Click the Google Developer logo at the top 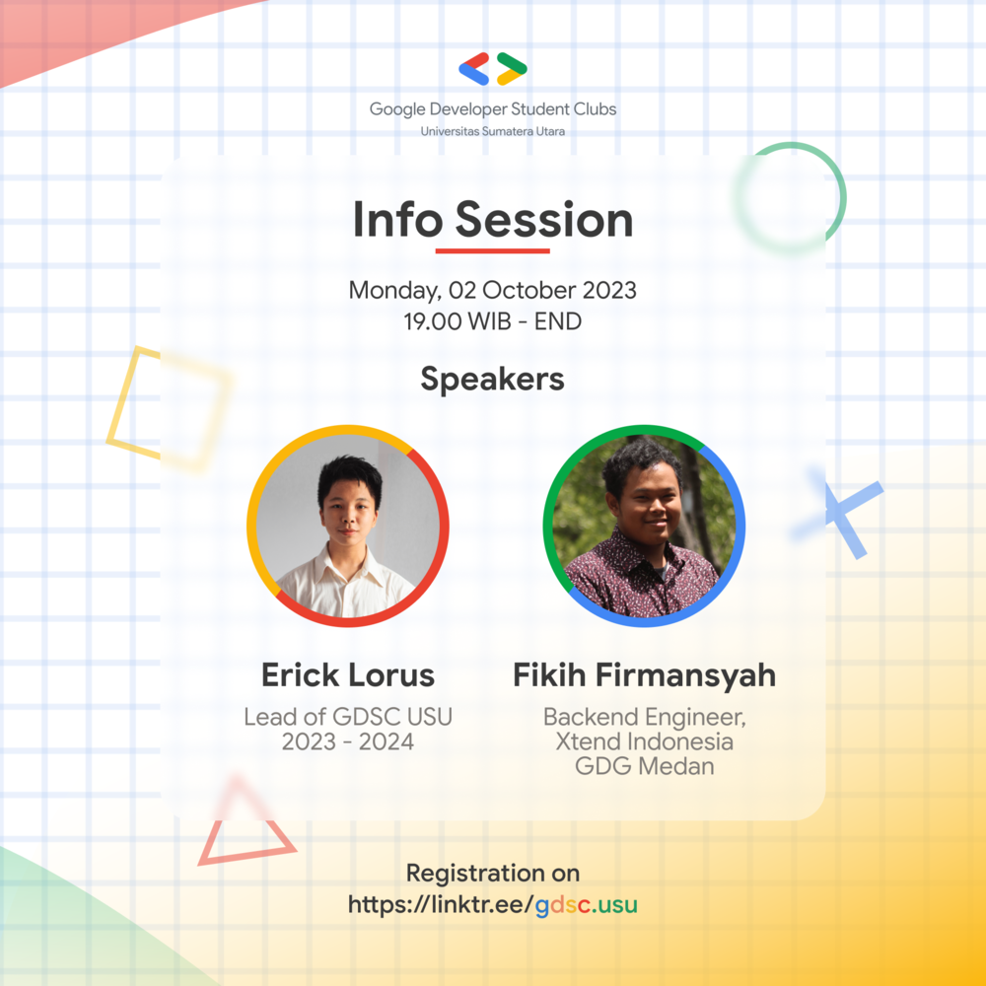493,69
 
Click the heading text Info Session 493,220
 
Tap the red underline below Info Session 492,250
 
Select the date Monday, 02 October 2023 492,291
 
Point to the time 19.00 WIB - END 492,321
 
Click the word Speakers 492,379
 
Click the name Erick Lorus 348,675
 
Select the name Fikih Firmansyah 644,675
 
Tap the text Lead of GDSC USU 348,717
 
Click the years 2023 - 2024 348,741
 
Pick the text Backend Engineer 644,717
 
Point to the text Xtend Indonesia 644,740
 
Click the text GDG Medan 644,765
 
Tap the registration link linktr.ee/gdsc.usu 492,904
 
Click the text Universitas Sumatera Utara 493,131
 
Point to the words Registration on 492,874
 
